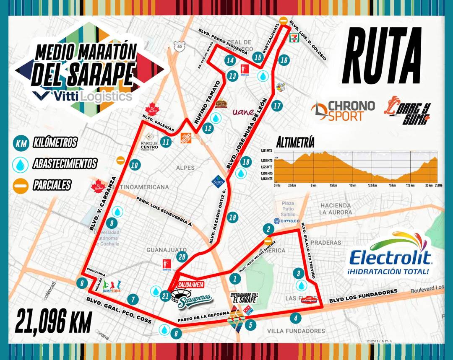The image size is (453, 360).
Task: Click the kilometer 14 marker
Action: (x=229, y=60)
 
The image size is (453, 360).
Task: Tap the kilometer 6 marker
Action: (x=176, y=334)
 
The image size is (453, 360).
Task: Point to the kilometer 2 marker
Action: (x=268, y=229)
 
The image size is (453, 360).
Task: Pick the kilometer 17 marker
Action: (x=276, y=106)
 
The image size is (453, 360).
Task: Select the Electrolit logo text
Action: (x=388, y=256)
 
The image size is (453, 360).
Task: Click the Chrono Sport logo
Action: (x=343, y=110)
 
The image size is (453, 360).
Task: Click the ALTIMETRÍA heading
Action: (x=295, y=142)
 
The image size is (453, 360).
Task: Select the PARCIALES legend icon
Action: (x=21, y=184)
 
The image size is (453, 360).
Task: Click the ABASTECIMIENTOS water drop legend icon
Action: (x=21, y=163)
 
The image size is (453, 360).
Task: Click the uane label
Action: (x=243, y=112)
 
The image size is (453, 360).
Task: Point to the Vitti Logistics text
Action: (x=84, y=96)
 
